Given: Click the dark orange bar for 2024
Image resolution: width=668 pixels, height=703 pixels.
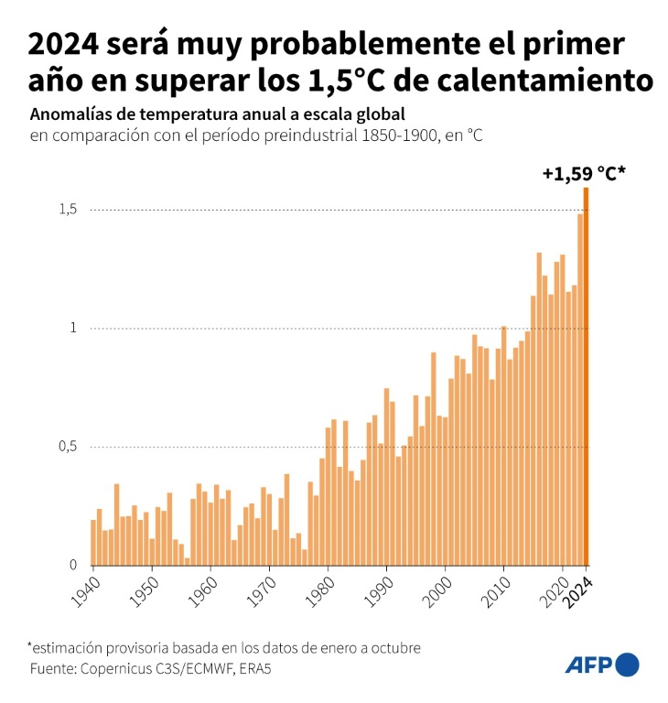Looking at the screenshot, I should (586, 375).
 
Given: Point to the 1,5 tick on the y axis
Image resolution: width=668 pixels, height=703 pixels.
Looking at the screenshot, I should (69, 210).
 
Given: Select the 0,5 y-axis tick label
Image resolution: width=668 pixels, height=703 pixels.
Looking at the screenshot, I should (69, 447).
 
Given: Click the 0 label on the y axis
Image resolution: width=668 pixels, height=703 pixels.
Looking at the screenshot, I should (73, 565).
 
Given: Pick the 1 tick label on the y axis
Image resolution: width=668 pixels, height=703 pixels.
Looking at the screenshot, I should (73, 328).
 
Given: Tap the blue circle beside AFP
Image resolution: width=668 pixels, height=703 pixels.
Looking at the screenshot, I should (628, 665).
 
